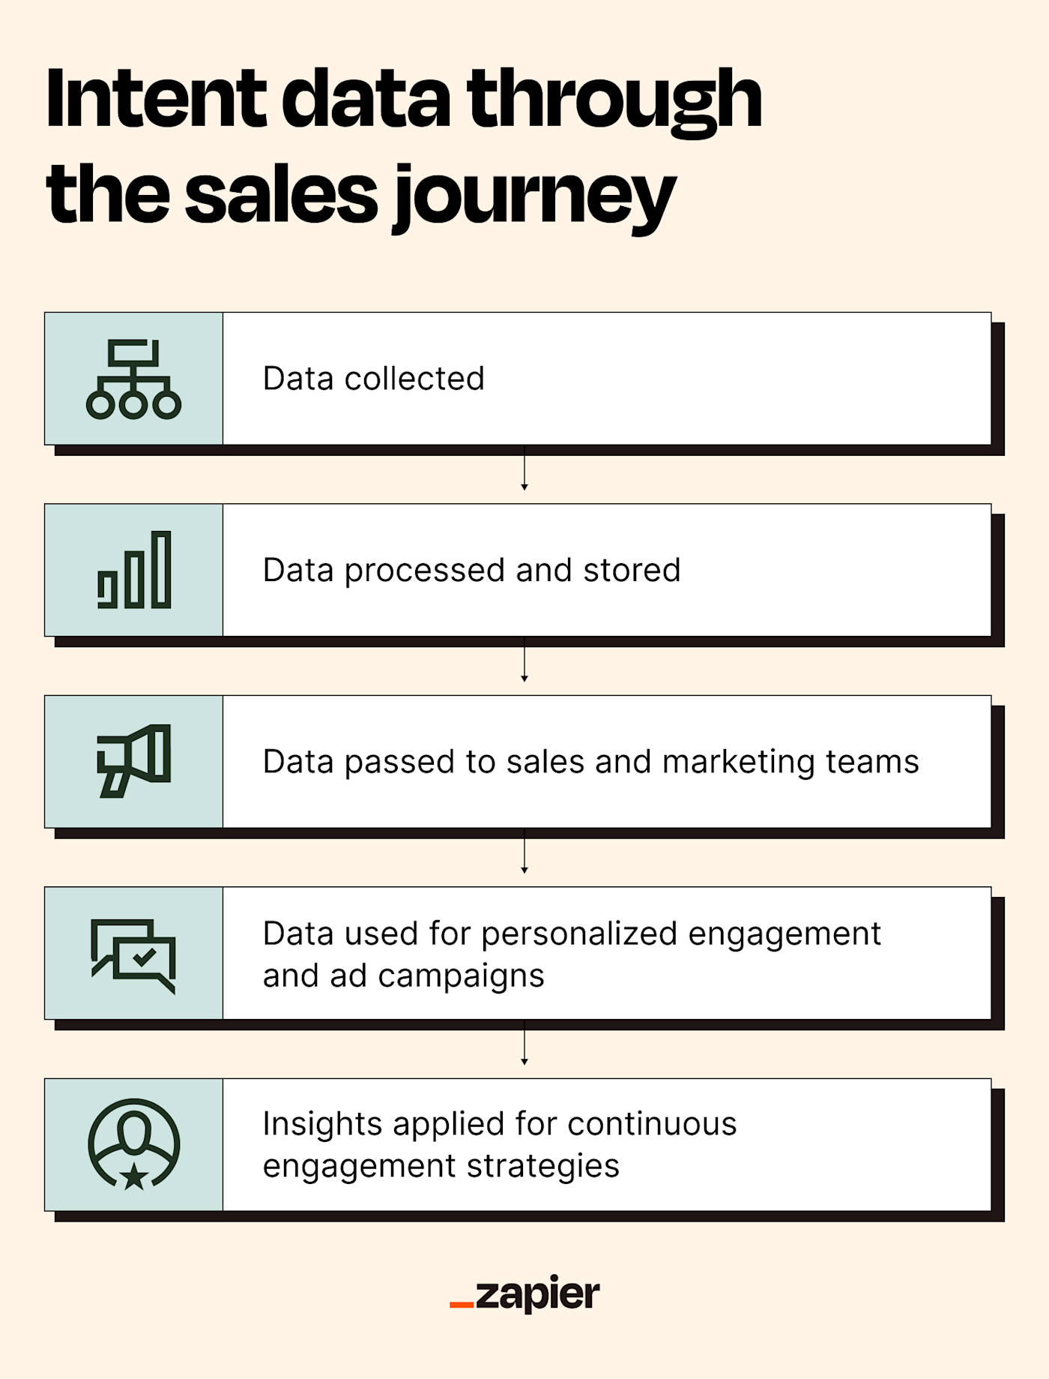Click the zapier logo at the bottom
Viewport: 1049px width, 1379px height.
[524, 1294]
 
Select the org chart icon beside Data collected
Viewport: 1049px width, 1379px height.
[133, 379]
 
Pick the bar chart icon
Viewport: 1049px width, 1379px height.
[134, 570]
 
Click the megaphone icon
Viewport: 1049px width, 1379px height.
[134, 761]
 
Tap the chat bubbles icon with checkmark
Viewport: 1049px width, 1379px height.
[133, 955]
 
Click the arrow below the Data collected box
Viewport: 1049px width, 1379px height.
[524, 469]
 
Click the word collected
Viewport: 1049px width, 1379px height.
[414, 379]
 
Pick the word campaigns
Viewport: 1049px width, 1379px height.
[461, 976]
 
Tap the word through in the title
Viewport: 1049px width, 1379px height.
[614, 98]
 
